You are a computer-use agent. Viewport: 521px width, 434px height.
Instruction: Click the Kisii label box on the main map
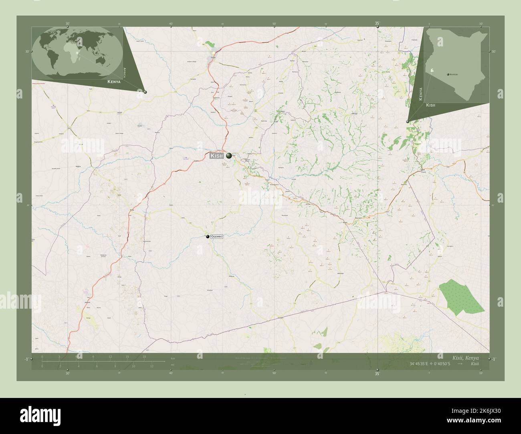[216, 156]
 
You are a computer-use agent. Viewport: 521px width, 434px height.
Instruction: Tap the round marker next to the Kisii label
[229, 156]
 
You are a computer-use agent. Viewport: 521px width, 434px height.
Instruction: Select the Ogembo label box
[216, 237]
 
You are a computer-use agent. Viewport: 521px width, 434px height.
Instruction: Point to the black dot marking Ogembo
[208, 237]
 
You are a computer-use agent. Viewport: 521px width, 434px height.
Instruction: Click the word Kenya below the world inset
[114, 82]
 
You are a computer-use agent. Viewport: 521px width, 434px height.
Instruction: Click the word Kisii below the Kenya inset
[431, 105]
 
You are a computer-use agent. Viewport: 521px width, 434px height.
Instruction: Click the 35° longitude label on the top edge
[377, 24]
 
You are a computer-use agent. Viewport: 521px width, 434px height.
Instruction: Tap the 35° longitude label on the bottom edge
[377, 374]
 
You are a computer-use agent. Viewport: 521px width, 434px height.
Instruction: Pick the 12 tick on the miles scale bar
[152, 366]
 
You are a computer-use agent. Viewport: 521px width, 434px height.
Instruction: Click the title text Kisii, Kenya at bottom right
[465, 357]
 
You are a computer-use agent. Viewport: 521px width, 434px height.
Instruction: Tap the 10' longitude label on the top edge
[481, 24]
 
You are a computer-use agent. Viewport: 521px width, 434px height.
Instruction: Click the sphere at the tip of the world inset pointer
[145, 92]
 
